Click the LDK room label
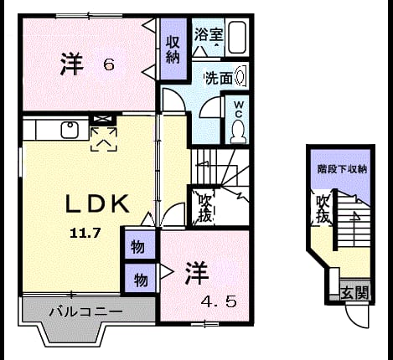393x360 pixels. pyautogui.click(x=97, y=203)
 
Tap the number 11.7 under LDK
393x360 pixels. pyautogui.click(x=85, y=233)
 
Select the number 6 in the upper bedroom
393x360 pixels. pyautogui.click(x=109, y=65)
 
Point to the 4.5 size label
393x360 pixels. pyautogui.click(x=219, y=301)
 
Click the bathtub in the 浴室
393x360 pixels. pyautogui.click(x=237, y=38)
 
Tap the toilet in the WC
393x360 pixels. pyautogui.click(x=238, y=131)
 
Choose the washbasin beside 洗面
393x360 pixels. pyautogui.click(x=240, y=75)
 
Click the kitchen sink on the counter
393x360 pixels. pyautogui.click(x=70, y=130)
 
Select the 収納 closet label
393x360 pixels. pyautogui.click(x=173, y=49)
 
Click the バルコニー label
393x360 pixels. pyautogui.click(x=86, y=311)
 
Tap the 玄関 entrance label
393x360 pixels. pyautogui.click(x=354, y=292)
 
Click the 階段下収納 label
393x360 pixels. pyautogui.click(x=342, y=169)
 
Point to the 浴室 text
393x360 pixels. pyautogui.click(x=209, y=35)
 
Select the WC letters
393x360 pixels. pyautogui.click(x=239, y=110)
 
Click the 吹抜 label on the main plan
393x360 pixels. pyautogui.click(x=205, y=208)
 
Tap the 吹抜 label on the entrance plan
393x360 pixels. pyautogui.click(x=323, y=209)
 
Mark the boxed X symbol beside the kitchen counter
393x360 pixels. pyautogui.click(x=104, y=119)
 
